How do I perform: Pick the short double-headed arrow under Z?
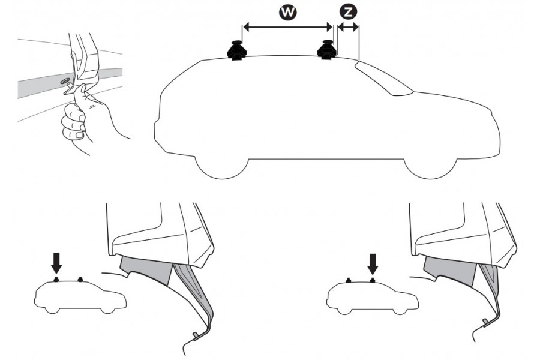point(348,26)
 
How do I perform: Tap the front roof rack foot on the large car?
point(328,50)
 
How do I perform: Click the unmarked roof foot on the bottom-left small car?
point(80,279)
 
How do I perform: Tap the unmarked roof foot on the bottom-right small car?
point(348,280)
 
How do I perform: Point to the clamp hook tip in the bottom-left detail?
point(194,334)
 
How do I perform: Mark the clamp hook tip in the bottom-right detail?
point(485,322)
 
